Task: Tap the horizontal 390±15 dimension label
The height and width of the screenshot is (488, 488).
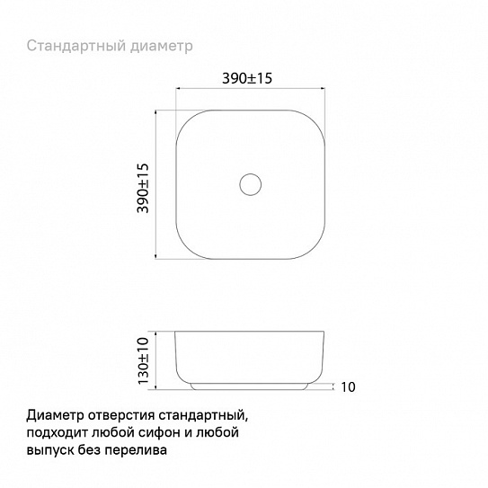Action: point(247,78)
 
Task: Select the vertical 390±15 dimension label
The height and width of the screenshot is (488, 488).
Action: point(143,188)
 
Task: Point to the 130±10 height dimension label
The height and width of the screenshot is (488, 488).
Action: point(143,360)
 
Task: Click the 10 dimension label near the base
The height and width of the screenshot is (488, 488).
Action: point(348,386)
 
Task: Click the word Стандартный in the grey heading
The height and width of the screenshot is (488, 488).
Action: point(75,46)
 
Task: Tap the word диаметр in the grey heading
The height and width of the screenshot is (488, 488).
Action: point(162,47)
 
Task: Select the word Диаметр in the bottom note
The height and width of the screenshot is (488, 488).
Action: point(56,416)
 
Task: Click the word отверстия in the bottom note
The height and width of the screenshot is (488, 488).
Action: point(121,416)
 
